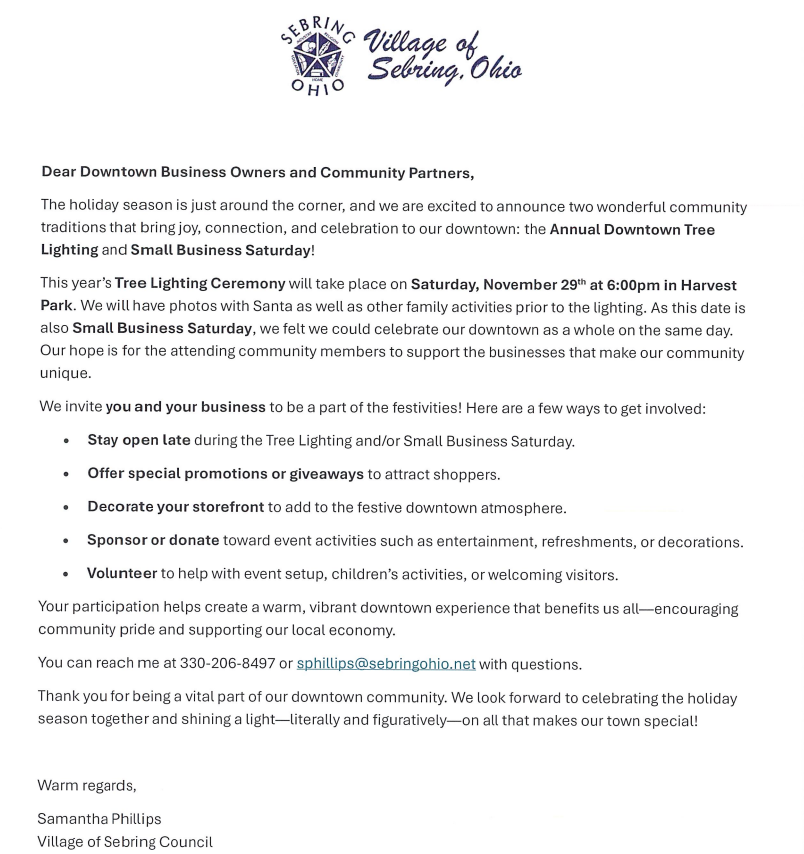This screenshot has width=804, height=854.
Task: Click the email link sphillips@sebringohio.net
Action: coord(386,664)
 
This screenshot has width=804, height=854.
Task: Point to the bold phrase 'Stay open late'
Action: coord(138,441)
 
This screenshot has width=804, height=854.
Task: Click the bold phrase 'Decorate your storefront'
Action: coord(175,508)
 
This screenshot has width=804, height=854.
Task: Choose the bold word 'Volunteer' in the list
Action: coord(122,575)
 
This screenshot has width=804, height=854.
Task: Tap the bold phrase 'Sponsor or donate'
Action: coord(153,541)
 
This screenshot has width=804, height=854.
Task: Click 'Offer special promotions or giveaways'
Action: coord(225,474)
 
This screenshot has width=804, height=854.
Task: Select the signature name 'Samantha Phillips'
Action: coord(99,819)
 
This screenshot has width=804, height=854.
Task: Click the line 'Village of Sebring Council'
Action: coord(125,842)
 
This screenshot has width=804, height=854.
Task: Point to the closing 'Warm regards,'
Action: coord(87,785)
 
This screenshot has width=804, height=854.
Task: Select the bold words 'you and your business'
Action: coord(185,408)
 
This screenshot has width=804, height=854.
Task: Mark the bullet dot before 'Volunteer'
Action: coord(66,576)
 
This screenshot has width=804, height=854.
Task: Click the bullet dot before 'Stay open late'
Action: coord(66,442)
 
